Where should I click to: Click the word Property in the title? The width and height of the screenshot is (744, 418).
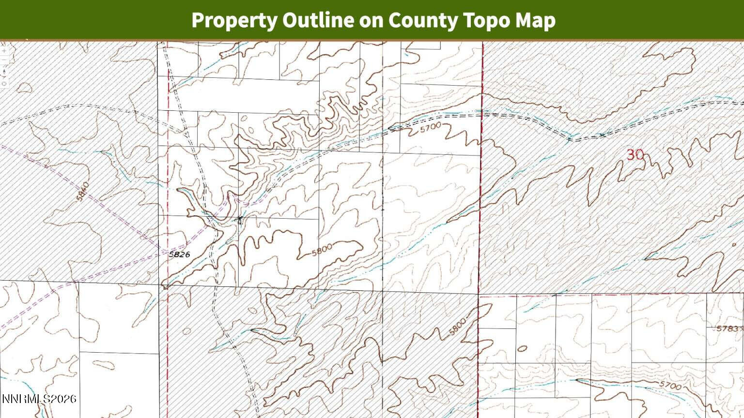point(234,20)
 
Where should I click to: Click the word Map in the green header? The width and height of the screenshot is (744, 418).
point(535,20)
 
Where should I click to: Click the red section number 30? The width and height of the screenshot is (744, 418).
point(635,155)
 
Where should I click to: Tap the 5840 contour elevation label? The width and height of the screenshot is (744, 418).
point(83,192)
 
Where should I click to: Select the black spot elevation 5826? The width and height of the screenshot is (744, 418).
point(179,254)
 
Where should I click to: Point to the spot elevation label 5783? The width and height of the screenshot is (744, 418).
point(728,328)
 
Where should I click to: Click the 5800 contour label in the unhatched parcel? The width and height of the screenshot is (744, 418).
point(322,250)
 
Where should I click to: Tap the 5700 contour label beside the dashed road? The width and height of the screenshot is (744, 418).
point(431,128)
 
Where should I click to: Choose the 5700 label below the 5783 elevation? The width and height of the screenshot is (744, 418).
point(670,386)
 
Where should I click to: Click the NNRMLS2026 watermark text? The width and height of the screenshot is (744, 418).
point(39,399)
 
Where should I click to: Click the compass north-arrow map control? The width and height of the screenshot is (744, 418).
point(4,72)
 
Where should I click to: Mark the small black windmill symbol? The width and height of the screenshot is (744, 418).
point(239,221)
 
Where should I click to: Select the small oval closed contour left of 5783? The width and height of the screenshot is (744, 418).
point(522,348)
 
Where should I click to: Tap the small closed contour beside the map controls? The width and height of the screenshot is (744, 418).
point(23,88)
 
